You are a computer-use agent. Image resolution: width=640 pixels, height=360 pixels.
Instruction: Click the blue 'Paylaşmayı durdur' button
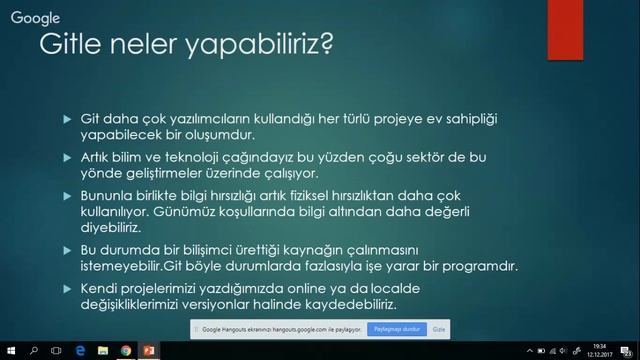397,328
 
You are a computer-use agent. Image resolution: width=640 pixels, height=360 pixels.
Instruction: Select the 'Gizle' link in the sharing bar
438,328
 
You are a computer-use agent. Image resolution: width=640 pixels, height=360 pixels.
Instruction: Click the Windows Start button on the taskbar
9,351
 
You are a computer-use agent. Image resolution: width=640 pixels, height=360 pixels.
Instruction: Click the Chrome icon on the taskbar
126,351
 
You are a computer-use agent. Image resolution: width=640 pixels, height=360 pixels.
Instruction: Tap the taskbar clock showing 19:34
598,351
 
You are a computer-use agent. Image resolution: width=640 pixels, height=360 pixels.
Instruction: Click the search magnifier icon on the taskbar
33,351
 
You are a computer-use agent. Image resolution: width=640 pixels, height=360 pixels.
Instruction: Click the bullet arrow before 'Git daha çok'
67,120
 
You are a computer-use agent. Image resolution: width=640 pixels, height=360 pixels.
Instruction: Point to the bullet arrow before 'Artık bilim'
67,159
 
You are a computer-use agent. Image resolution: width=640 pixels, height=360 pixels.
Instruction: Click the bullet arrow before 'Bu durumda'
67,250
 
